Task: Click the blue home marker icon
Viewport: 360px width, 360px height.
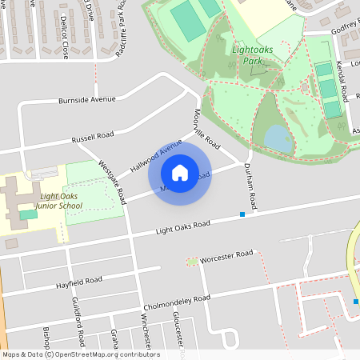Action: coord(180,173)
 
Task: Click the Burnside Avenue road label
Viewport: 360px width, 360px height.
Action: coord(86,100)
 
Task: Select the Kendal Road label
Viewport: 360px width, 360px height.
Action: coord(342,83)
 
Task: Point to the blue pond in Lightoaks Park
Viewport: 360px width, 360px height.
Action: coord(278,138)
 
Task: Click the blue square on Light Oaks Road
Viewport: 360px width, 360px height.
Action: coord(242,214)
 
